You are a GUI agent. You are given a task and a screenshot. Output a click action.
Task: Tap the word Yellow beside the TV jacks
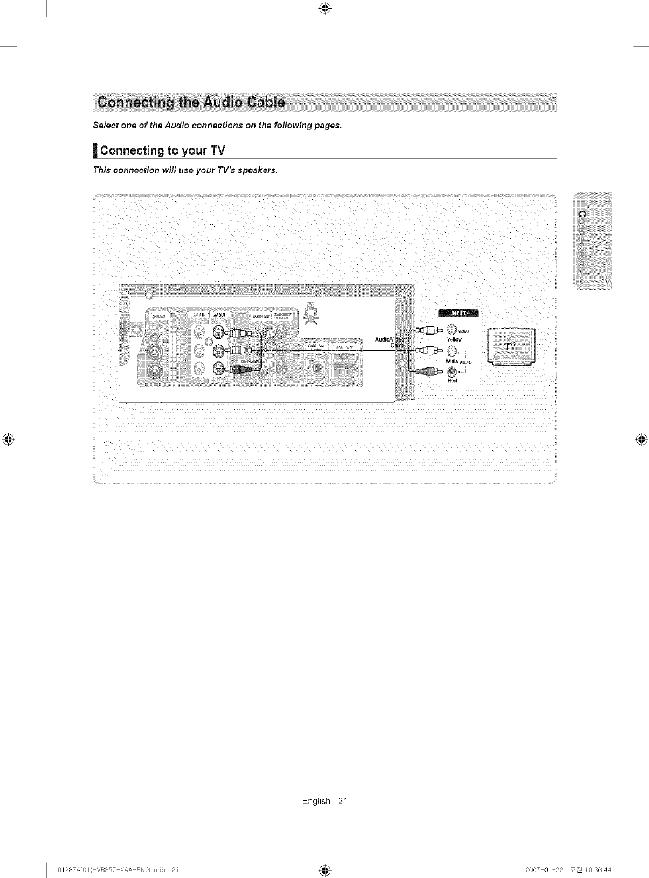pyautogui.click(x=454, y=340)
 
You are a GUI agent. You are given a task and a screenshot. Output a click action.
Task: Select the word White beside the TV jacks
pyautogui.click(x=452, y=360)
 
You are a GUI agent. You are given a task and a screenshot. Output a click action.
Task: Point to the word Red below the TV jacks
pyautogui.click(x=452, y=381)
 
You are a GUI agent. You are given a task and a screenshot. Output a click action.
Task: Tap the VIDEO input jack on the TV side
pyautogui.click(x=452, y=330)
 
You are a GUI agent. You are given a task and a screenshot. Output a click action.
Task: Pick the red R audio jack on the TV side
pyautogui.click(x=452, y=371)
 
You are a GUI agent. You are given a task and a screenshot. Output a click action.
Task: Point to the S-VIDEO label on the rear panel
pyautogui.click(x=159, y=316)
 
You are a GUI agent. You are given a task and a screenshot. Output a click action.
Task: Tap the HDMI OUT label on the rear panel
pyautogui.click(x=344, y=348)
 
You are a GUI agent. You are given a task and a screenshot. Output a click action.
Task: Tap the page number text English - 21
pyautogui.click(x=325, y=801)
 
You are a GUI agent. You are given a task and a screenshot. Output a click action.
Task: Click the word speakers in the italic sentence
pyautogui.click(x=260, y=171)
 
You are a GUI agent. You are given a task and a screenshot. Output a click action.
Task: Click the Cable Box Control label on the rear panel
pyautogui.click(x=315, y=347)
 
